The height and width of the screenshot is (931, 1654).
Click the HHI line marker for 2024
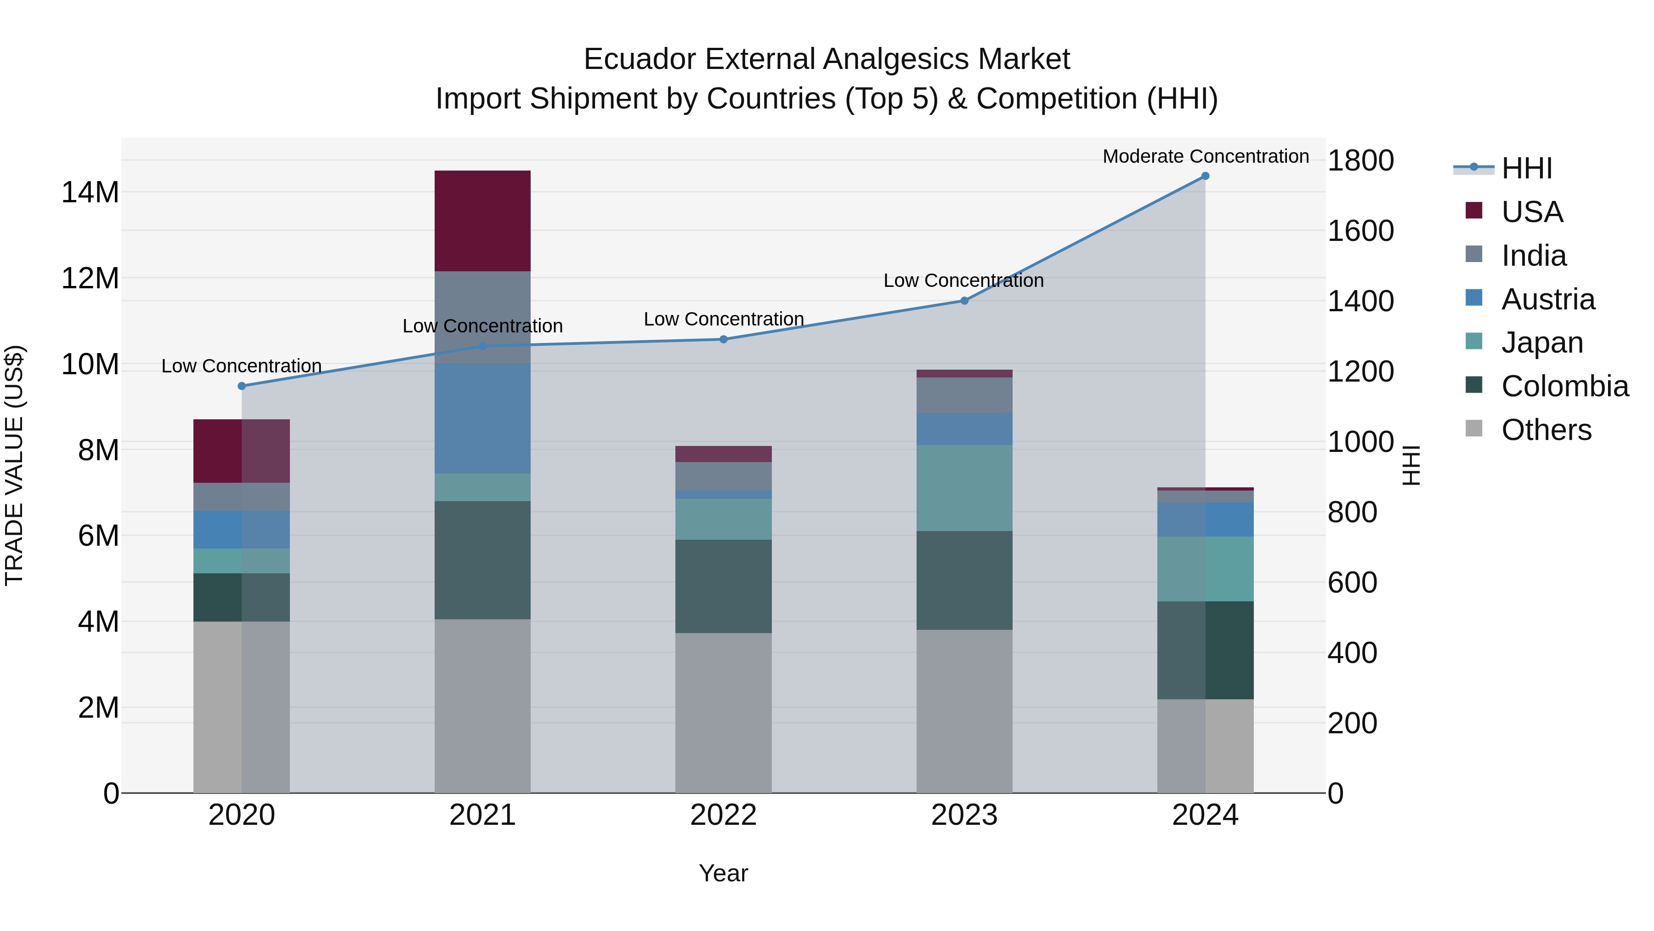click(x=1205, y=176)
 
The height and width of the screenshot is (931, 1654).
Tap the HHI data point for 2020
click(x=241, y=386)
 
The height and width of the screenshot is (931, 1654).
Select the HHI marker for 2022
click(x=723, y=339)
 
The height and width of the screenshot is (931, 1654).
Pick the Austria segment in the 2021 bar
click(x=482, y=418)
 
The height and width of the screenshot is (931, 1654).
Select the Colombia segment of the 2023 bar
click(x=964, y=580)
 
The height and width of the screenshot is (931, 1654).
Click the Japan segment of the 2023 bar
click(x=964, y=488)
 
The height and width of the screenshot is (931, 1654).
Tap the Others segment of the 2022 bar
click(x=723, y=713)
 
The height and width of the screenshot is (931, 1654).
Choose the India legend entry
click(x=1533, y=256)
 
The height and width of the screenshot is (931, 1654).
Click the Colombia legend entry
click(x=1564, y=386)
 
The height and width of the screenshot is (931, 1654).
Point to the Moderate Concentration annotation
click(x=1205, y=156)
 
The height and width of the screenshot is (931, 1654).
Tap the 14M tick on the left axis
click(x=90, y=192)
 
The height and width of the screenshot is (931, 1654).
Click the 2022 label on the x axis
click(x=723, y=815)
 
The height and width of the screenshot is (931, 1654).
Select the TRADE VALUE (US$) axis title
click(x=14, y=465)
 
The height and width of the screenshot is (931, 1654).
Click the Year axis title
click(x=723, y=873)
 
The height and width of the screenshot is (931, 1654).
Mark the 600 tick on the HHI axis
click(x=1352, y=583)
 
